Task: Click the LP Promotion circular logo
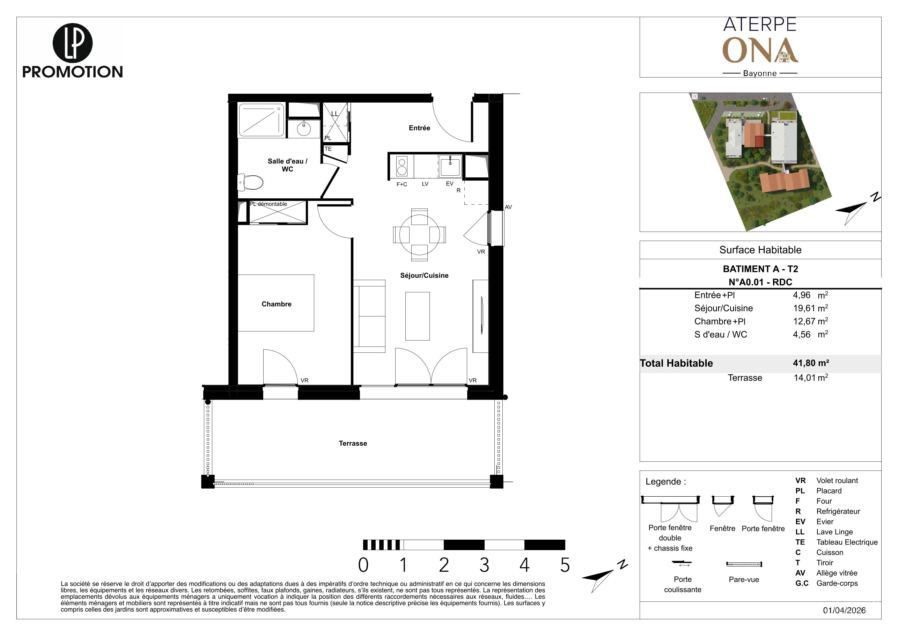[x=72, y=43]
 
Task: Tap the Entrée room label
[x=419, y=128]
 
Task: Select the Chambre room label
[x=277, y=304]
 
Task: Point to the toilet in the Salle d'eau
[x=250, y=182]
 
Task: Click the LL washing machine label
[x=335, y=114]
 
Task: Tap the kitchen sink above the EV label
[x=450, y=166]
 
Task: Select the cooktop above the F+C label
[x=402, y=166]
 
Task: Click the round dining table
[x=419, y=235]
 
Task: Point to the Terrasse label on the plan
[x=353, y=443]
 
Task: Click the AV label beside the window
[x=508, y=207]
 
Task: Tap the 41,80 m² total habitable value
[x=811, y=363]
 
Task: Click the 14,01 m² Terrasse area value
[x=810, y=378]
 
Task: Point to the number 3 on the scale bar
[x=484, y=565]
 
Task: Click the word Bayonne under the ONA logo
[x=759, y=73]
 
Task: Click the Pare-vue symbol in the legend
[x=744, y=564]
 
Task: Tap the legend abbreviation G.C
[x=802, y=583]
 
